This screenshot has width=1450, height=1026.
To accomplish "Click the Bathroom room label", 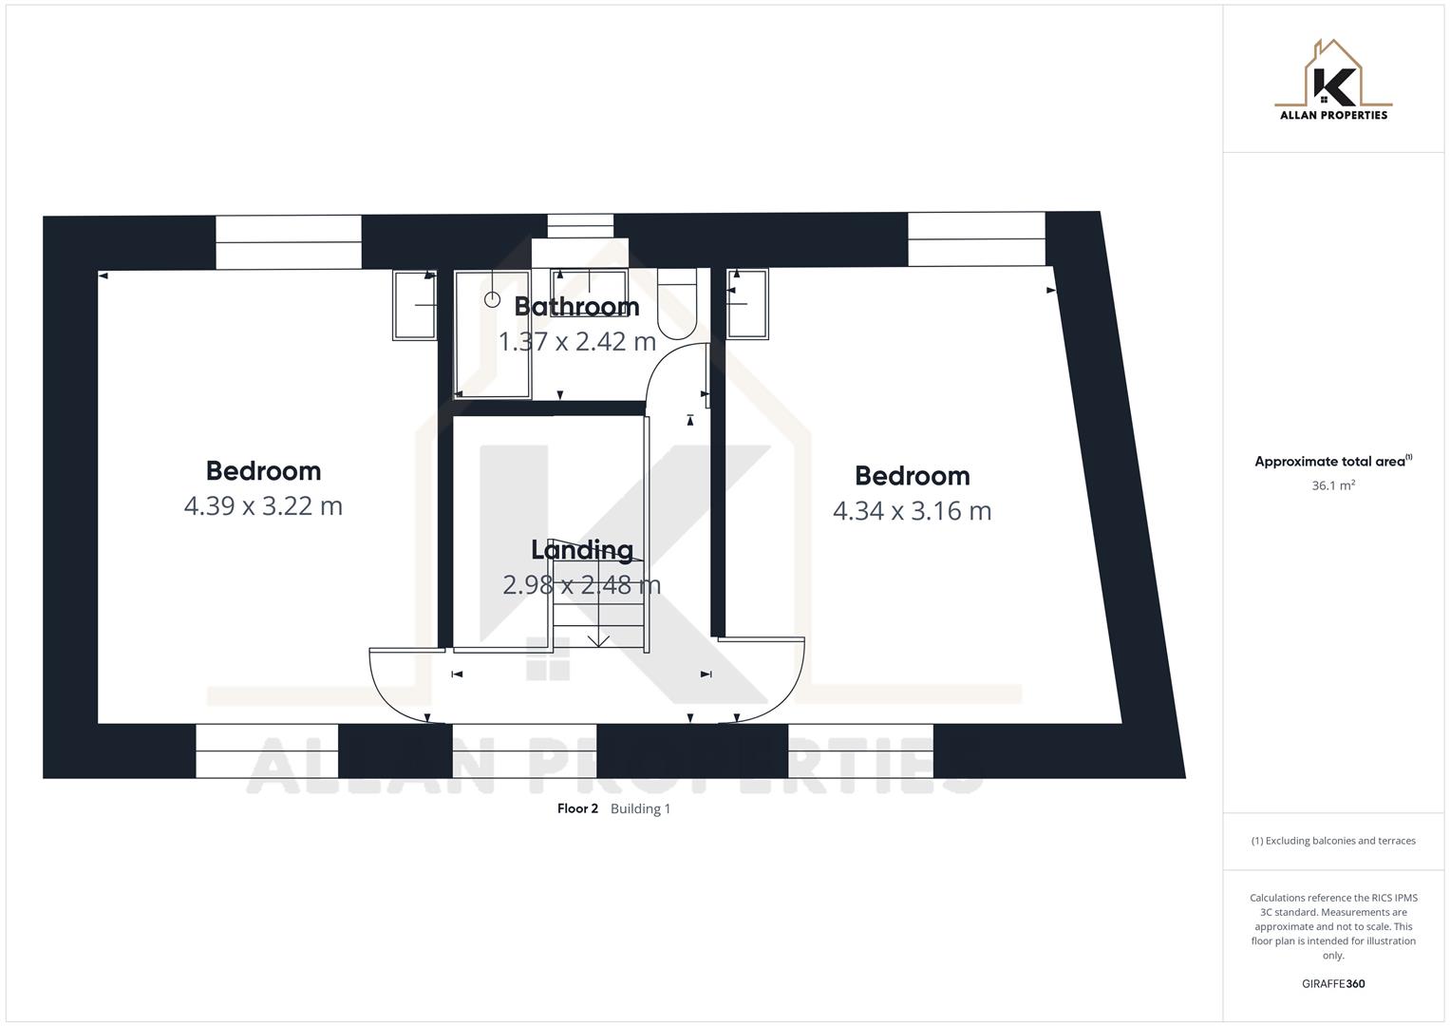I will [576, 306].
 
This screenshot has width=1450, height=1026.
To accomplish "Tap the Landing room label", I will [581, 549].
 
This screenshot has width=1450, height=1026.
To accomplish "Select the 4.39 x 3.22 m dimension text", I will [263, 505].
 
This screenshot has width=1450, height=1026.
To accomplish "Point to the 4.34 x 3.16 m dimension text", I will [912, 511].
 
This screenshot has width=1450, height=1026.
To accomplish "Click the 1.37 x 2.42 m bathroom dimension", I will [576, 341].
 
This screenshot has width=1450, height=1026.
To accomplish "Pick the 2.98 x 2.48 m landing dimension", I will [581, 584].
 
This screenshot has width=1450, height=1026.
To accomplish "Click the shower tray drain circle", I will [492, 299].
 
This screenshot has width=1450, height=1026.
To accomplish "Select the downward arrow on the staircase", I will [598, 639].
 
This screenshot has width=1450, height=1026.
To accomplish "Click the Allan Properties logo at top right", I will [1333, 81].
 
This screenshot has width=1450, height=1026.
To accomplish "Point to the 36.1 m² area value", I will [1333, 485].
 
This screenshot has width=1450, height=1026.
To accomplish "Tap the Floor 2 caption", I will [577, 808].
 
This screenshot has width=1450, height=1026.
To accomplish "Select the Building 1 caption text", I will [640, 808].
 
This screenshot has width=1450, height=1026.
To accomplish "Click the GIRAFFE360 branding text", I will [1333, 984].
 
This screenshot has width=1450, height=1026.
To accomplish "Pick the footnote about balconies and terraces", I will [1333, 841].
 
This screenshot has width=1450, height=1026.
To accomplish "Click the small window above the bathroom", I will [580, 226].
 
